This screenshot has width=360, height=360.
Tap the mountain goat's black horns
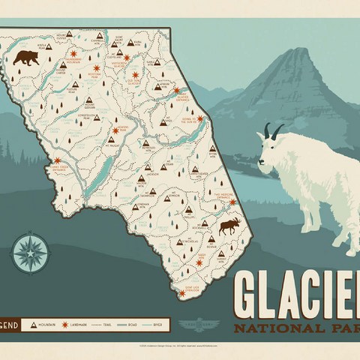tap(272, 132)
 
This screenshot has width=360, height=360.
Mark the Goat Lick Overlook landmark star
tap(182, 293)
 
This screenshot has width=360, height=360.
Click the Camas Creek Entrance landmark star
tap(57, 160)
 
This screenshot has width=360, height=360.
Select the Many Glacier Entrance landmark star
tap(178, 91)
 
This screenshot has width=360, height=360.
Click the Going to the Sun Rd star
tap(200, 118)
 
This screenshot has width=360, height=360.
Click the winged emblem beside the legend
tap(196, 325)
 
